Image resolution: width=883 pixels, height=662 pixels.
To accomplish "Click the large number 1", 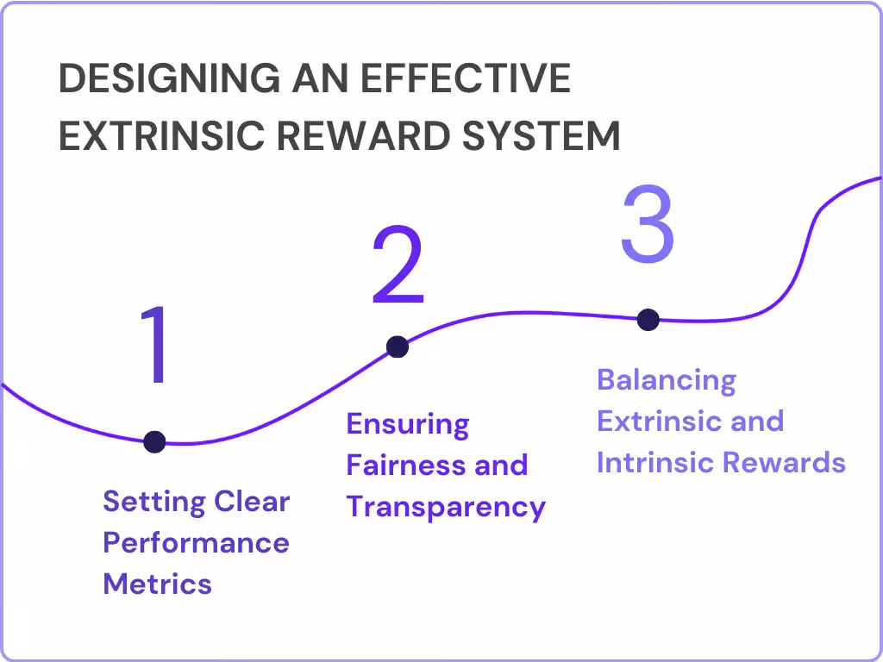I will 155,345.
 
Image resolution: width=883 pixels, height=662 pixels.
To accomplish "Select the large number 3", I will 647,225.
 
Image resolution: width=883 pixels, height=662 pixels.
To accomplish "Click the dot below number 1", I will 154,442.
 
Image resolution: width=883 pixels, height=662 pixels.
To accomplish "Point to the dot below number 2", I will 397,347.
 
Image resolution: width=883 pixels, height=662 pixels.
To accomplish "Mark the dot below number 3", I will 648,320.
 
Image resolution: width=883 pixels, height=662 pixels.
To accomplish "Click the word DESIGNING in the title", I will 169,79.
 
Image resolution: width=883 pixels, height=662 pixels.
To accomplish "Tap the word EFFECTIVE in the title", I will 466,79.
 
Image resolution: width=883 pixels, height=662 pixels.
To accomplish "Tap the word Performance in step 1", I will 196,543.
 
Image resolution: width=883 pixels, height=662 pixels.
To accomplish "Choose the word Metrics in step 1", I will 157,584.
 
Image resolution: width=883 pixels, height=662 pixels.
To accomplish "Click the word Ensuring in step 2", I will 407,424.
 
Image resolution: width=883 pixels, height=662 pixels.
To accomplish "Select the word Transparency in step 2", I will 446,507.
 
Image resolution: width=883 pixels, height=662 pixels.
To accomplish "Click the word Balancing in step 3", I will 667,380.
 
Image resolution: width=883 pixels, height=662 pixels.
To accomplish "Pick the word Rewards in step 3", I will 783,462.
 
